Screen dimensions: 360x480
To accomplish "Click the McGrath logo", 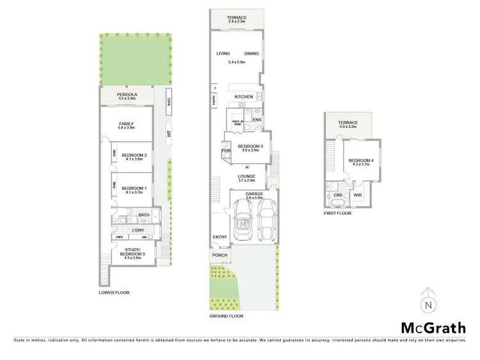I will point(433,327).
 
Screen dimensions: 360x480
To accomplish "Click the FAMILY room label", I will point(125,123).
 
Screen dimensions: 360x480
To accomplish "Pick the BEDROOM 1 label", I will point(135,187).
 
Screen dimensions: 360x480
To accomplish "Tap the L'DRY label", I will point(138,230).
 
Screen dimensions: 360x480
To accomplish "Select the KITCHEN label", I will point(244,97).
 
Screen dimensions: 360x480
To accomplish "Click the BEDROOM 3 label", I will point(248,146).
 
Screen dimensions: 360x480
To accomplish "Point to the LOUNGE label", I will point(247,176).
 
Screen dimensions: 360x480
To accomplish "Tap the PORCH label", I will point(220,256).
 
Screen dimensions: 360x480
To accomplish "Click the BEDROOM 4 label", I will point(357,160).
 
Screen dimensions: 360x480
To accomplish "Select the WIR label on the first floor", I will point(357,195).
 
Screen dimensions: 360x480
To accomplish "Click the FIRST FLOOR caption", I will point(337,214).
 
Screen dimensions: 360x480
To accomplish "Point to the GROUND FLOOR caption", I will point(227,316).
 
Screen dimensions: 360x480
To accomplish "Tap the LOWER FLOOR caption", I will point(115,292).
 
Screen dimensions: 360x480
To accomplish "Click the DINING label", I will point(252,54).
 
